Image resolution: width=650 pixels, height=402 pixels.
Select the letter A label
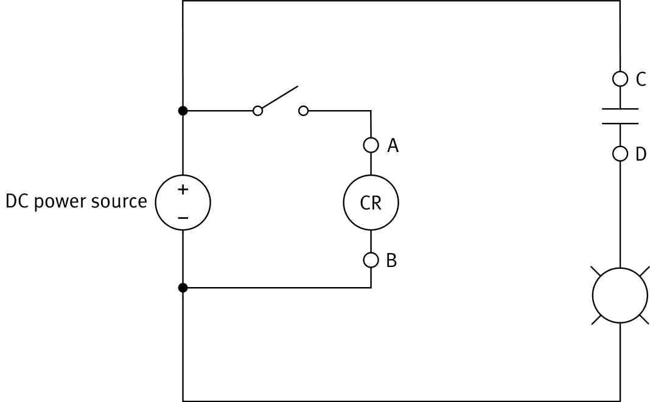coord(393,145)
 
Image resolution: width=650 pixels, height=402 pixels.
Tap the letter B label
coord(391,260)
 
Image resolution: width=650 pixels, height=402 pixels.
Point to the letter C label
coord(640,79)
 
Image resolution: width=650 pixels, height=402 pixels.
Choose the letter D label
coord(640,154)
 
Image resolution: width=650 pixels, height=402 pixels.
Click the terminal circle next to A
coord(371,145)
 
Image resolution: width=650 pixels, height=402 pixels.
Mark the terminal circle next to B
coord(371,260)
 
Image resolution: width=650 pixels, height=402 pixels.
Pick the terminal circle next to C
coord(620,79)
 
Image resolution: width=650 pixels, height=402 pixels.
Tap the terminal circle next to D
coord(620,154)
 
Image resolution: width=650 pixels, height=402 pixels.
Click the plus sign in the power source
coord(183,190)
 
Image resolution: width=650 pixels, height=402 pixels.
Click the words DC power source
coord(76,201)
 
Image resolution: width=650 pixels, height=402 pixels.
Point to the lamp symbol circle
coord(620,296)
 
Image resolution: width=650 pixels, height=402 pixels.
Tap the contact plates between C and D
coord(620,116)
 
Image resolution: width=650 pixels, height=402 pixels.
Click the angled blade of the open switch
coord(278,98)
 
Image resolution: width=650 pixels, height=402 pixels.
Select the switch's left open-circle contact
coord(258,111)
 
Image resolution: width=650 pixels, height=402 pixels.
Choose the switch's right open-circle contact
coord(303,111)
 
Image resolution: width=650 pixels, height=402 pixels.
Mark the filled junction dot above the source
coord(183,111)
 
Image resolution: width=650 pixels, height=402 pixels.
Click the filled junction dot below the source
coord(183,288)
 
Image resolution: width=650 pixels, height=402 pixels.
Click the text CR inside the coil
coord(371,203)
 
